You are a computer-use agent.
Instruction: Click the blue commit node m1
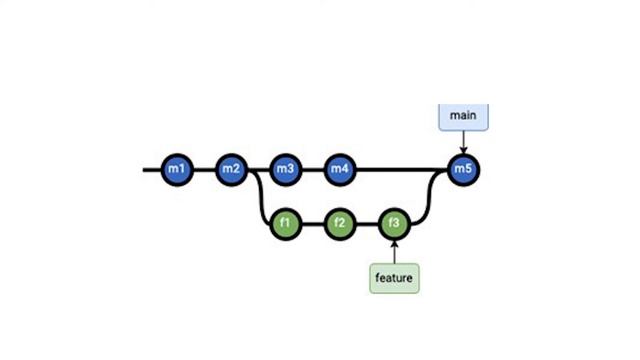pyautogui.click(x=177, y=169)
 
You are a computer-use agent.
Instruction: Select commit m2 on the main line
pyautogui.click(x=232, y=169)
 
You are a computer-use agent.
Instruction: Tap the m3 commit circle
pyautogui.click(x=286, y=169)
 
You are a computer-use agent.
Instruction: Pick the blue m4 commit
pyautogui.click(x=340, y=169)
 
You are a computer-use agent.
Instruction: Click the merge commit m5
pyautogui.click(x=462, y=169)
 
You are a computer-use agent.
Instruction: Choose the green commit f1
pyautogui.click(x=286, y=223)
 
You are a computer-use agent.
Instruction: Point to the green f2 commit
pyautogui.click(x=340, y=223)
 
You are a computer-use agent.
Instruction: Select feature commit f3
pyautogui.click(x=395, y=223)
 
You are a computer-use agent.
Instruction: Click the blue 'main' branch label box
pyautogui.click(x=462, y=115)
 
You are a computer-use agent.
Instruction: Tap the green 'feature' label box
pyautogui.click(x=395, y=277)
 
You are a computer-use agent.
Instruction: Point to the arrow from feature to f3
pyautogui.click(x=395, y=250)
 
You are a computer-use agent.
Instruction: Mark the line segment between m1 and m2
pyautogui.click(x=205, y=169)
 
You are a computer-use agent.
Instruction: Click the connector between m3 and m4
pyautogui.click(x=313, y=169)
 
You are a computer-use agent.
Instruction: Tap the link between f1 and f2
pyautogui.click(x=313, y=223)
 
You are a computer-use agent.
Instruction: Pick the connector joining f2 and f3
pyautogui.click(x=368, y=223)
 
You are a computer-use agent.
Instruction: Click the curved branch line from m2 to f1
pyautogui.click(x=260, y=200)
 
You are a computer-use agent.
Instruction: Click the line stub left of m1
pyautogui.click(x=152, y=169)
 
